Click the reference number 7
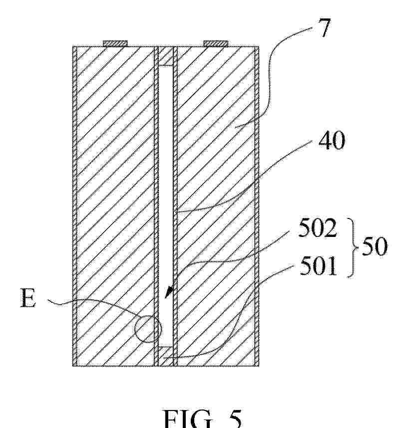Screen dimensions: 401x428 click(x=324, y=27)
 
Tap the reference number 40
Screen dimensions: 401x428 click(x=331, y=140)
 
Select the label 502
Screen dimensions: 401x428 click(x=318, y=227)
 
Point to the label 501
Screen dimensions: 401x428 click(x=318, y=266)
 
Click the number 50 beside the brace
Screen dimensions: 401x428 click(x=375, y=246)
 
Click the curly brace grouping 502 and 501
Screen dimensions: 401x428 click(x=353, y=247)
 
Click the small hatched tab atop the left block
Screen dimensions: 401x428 click(x=115, y=43)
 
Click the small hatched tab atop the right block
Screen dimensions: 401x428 click(x=216, y=43)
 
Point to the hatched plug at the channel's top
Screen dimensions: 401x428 click(x=166, y=56)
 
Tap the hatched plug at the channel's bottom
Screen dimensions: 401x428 click(x=166, y=356)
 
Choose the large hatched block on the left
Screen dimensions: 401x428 click(x=115, y=206)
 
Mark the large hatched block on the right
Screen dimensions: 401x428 click(x=216, y=206)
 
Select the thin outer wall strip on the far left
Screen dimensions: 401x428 click(x=74, y=206)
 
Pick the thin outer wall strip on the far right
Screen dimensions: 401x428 click(x=257, y=206)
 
